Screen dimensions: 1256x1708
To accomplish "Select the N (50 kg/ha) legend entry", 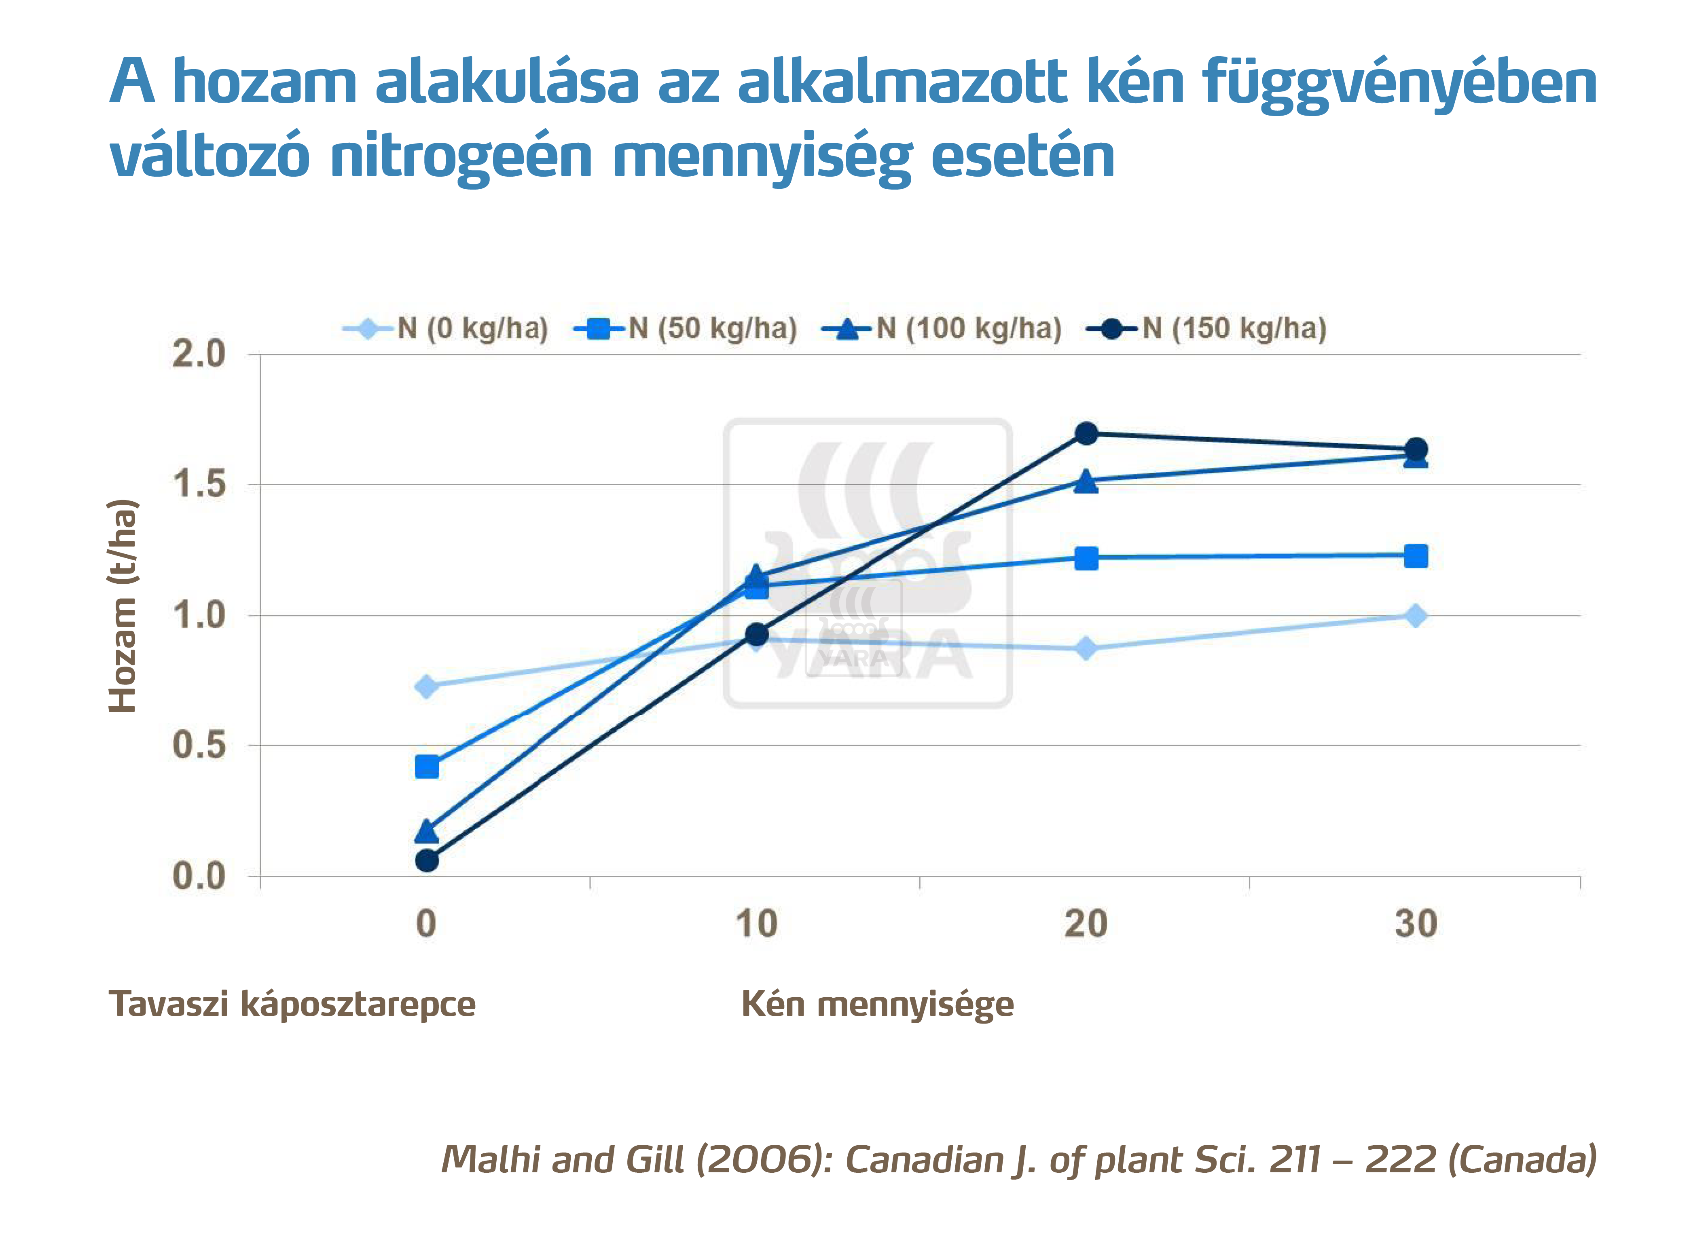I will point(686,328).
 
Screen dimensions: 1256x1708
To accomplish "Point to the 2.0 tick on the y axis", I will point(199,354).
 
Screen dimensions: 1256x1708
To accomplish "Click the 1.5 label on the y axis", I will point(199,484).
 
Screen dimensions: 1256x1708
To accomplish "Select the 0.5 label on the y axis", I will point(199,745).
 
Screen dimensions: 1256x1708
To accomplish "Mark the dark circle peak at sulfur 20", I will point(1086,433).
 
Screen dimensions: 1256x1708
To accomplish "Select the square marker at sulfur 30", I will point(1415,556).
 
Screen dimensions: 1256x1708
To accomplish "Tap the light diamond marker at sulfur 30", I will point(1415,616).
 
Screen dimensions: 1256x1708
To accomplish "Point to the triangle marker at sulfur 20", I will point(1086,481).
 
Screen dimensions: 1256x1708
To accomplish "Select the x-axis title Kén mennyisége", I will point(877,1004).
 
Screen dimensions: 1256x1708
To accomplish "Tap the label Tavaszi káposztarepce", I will point(292,1004).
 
